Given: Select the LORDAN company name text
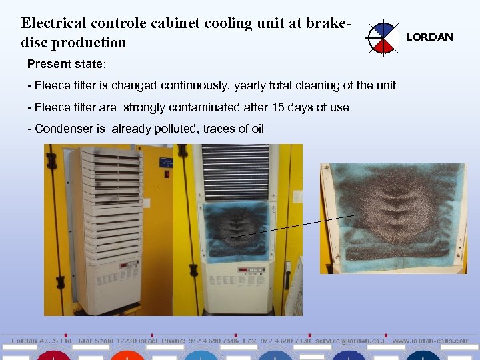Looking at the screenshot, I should tap(429, 37).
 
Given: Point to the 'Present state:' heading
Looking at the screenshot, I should tap(66, 65).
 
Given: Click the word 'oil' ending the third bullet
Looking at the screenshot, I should tap(256, 129).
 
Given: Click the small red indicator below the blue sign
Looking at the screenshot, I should tap(167, 174).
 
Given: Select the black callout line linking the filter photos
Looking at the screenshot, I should tap(293, 225).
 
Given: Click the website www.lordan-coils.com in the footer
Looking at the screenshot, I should tap(431, 340).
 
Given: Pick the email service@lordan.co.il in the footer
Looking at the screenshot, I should tap(350, 340).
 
